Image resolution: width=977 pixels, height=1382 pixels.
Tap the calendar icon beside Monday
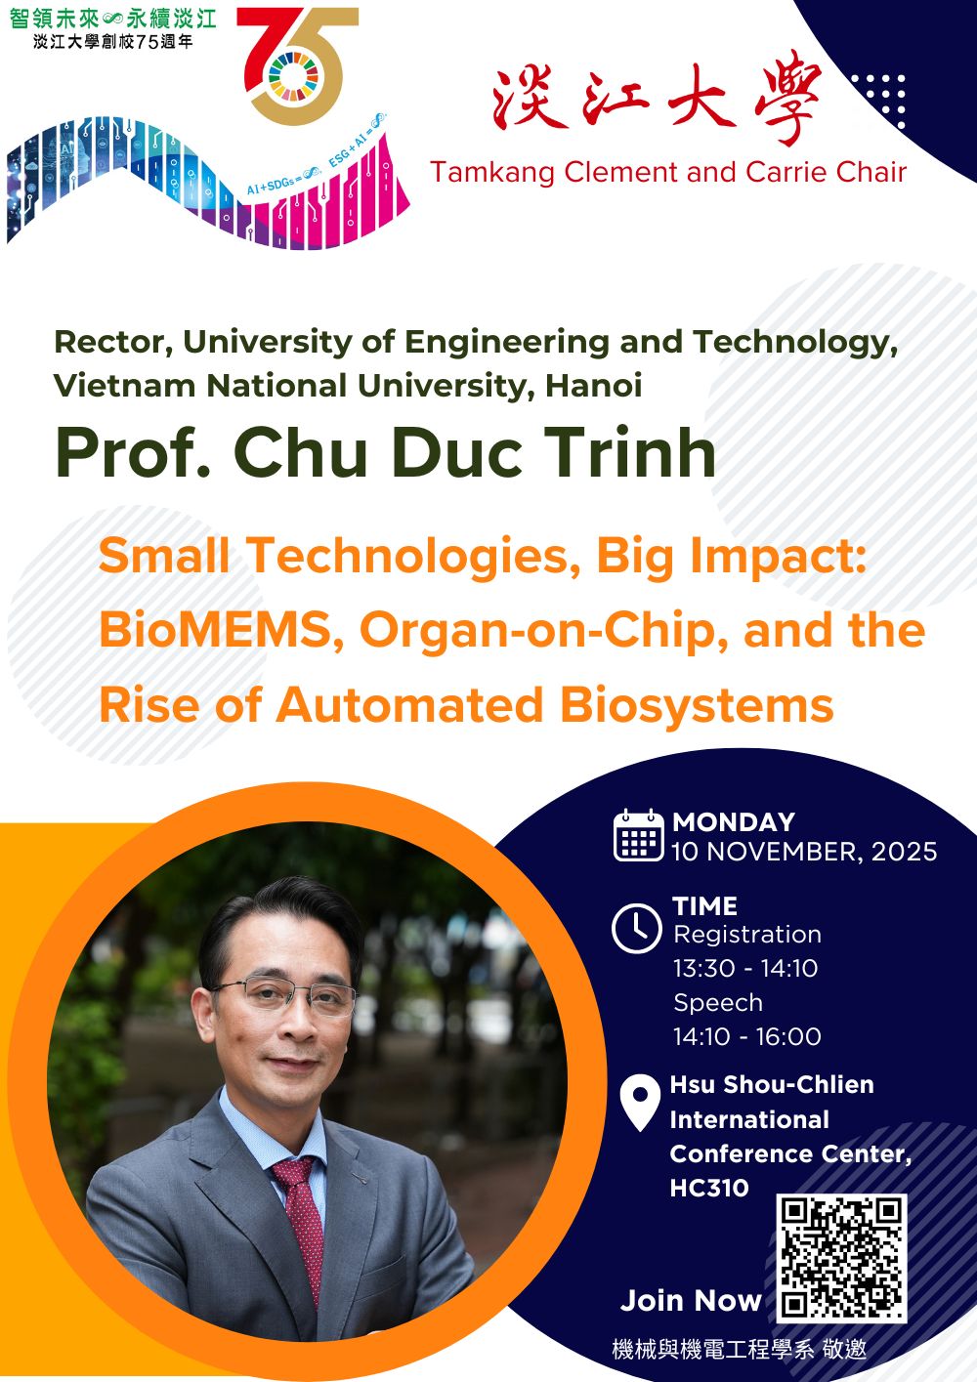pos(639,835)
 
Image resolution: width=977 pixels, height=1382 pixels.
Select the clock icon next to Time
pos(636,928)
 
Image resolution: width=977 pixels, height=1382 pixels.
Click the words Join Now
pos(691,1301)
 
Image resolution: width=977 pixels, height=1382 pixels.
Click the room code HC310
pos(709,1188)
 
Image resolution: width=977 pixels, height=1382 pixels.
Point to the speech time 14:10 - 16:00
pos(746,1036)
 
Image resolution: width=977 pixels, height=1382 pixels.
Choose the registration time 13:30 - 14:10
pos(745,968)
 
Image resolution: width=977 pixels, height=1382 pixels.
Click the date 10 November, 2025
pos(804,852)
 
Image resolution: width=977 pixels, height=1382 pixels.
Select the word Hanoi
pos(594,386)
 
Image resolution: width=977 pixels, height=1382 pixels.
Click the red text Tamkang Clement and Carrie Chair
pos(668,172)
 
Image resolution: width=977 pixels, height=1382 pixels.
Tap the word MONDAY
pos(734,822)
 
